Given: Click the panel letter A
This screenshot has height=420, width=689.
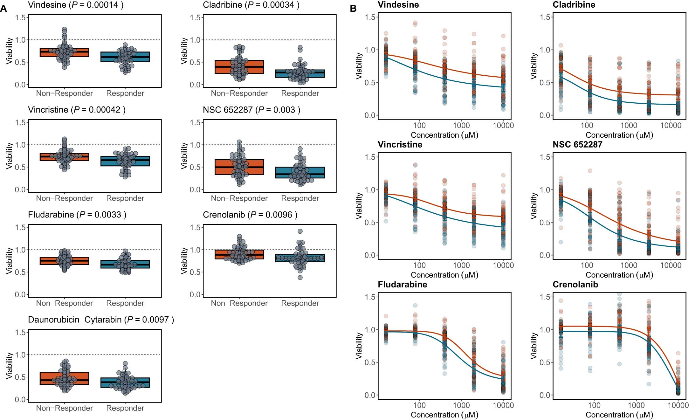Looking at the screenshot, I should click(x=3, y=9).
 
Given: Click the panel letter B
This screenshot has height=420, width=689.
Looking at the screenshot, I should click(x=353, y=9).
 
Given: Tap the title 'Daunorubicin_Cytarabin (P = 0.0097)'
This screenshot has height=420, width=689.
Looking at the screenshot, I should click(x=101, y=320).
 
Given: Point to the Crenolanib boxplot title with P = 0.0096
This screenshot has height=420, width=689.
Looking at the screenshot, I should click(x=250, y=215).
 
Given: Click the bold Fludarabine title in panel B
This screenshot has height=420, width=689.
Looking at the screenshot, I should click(x=402, y=284).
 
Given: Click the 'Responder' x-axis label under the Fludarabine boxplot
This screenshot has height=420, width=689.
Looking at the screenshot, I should click(x=125, y=303).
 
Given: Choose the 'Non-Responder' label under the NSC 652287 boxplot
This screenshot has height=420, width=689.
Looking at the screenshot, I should click(x=239, y=198).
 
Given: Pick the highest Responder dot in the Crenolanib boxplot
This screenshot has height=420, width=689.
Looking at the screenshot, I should click(x=300, y=231).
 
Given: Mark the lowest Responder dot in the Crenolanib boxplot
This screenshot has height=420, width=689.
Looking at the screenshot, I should click(x=300, y=278).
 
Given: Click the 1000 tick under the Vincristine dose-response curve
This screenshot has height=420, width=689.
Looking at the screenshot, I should click(x=461, y=265).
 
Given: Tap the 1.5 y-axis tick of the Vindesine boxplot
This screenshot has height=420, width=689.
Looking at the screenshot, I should click(x=20, y=17).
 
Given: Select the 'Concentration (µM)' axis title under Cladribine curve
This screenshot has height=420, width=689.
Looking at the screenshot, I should click(x=619, y=135).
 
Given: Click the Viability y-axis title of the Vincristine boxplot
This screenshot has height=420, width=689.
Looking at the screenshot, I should click(x=9, y=156).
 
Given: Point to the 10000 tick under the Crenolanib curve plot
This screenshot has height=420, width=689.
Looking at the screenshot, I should click(x=678, y=405).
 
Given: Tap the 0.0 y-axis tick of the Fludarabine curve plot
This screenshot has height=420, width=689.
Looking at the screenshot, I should click(x=370, y=395).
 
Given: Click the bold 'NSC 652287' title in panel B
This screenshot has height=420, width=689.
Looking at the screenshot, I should click(x=577, y=144).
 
